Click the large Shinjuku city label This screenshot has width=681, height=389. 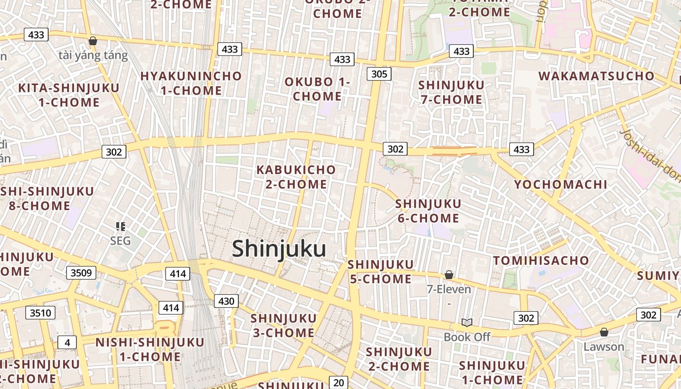(279, 248)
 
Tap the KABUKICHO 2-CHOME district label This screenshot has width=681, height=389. (296, 177)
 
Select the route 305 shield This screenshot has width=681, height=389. (379, 74)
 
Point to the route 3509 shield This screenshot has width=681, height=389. (81, 272)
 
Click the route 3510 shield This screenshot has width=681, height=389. (40, 313)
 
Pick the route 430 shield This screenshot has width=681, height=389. (226, 301)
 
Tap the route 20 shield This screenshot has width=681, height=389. (339, 382)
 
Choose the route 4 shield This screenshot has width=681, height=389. (67, 342)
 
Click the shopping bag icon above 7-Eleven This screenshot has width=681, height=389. (449, 275)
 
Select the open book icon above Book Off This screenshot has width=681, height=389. (467, 322)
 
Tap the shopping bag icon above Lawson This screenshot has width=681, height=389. (604, 332)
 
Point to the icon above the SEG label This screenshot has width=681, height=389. (120, 226)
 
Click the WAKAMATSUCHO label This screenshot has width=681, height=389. (596, 76)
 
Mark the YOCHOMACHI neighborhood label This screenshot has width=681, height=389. (561, 184)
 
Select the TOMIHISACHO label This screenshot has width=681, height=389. (541, 260)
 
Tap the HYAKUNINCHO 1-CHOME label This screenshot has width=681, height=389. (191, 83)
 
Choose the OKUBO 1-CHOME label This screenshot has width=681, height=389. (317, 89)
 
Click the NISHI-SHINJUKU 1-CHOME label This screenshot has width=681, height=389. (150, 349)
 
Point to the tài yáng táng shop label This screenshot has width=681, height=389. (93, 55)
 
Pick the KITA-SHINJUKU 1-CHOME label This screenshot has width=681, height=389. (69, 95)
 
